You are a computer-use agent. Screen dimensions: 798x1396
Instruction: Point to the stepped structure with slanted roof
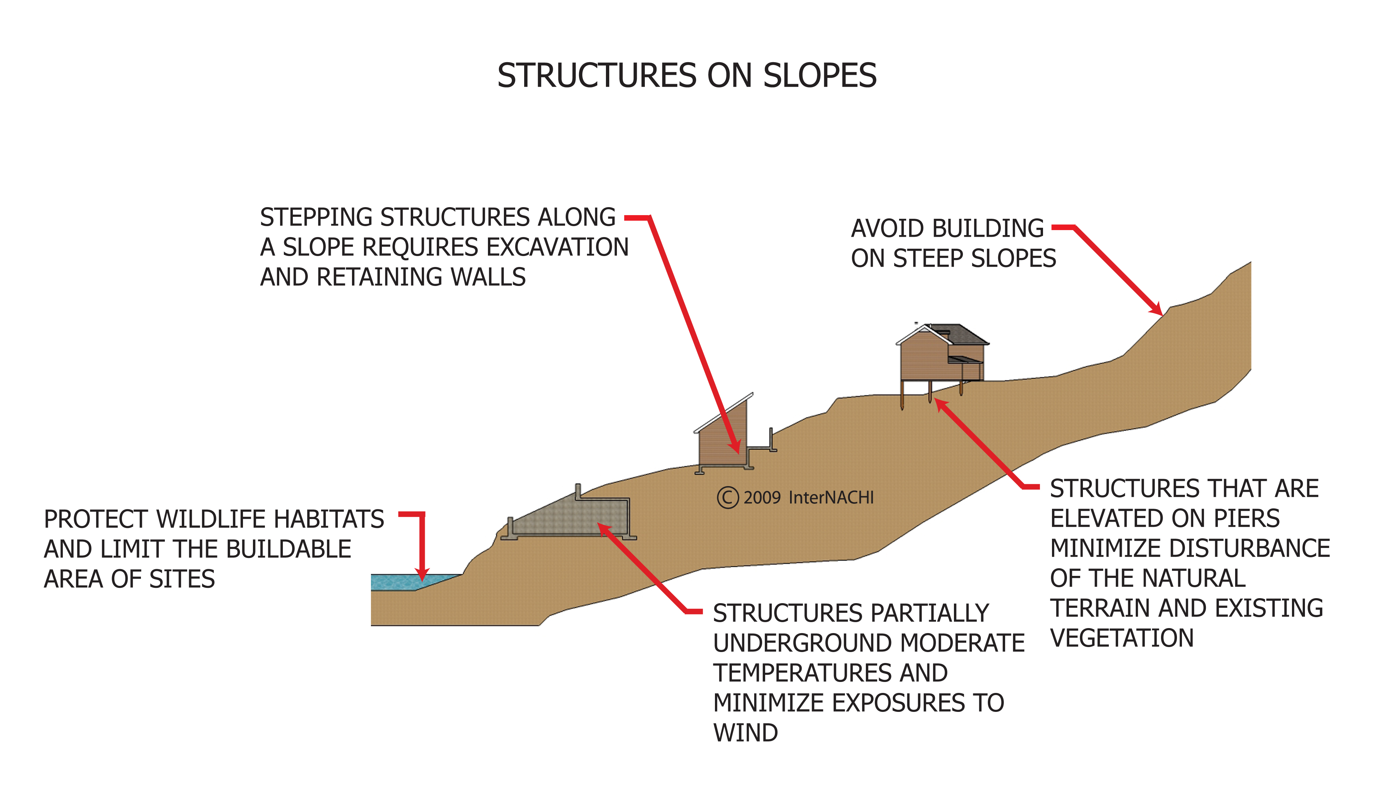pos(723,439)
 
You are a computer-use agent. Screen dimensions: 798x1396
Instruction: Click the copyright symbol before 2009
pos(728,498)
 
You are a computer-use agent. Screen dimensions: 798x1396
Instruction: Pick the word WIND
pos(745,733)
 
